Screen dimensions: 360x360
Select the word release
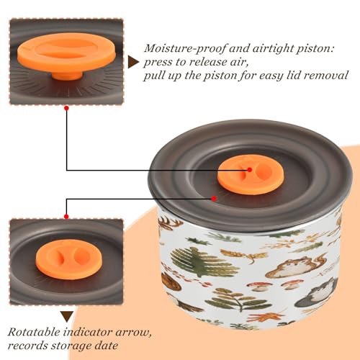(x=209, y=62)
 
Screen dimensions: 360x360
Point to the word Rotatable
(x=34, y=332)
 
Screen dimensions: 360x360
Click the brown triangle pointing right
(x=133, y=62)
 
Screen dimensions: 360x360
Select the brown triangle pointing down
(x=67, y=316)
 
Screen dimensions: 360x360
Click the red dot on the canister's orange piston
(x=250, y=170)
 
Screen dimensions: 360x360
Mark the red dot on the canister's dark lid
(x=214, y=199)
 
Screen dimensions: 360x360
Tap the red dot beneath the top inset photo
(x=67, y=108)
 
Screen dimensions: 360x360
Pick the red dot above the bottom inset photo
(x=66, y=217)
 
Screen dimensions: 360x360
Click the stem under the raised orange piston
(x=67, y=76)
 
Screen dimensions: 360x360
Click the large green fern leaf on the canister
(x=204, y=262)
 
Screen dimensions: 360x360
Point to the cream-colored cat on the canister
(x=290, y=267)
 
